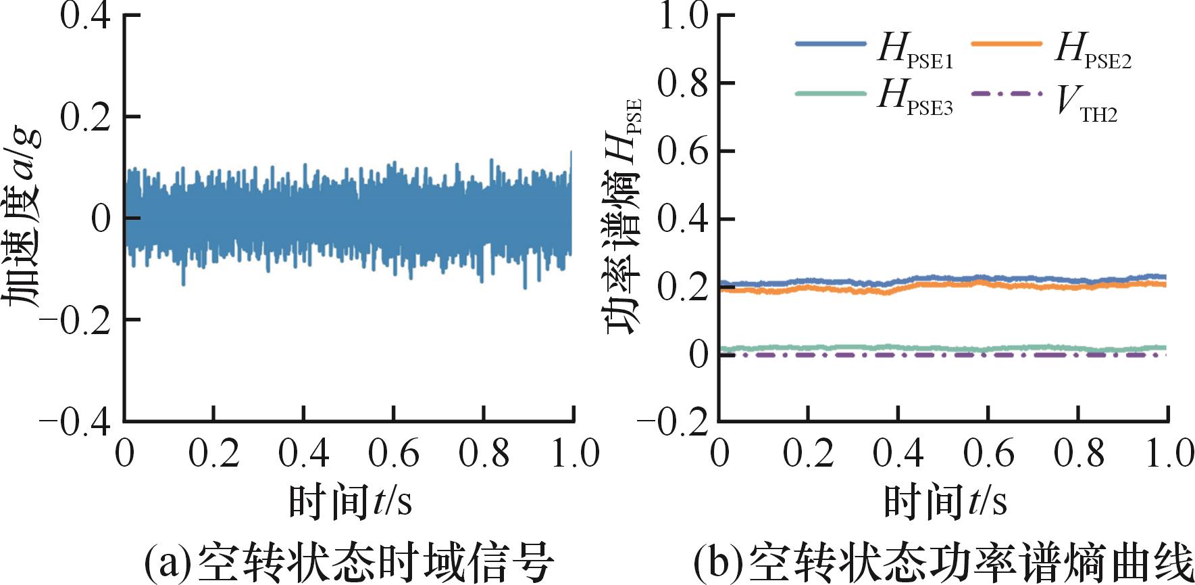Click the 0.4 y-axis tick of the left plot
pos(85,15)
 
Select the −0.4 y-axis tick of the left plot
pos(74,422)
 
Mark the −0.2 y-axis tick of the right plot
pos(671,422)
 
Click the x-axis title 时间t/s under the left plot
pos(350,502)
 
